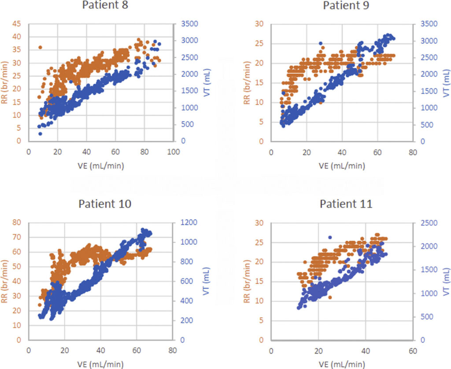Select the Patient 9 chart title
[346, 6]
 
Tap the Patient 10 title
[104, 204]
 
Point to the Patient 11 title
[346, 204]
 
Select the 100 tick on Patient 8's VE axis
[174, 151]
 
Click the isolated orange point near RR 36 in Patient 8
[40, 47]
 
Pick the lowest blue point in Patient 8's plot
[40, 133]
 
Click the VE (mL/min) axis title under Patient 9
[342, 165]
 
